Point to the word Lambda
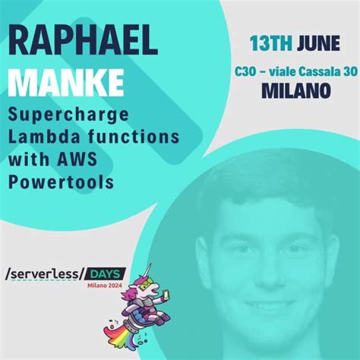[x=39, y=139]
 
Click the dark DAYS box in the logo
[x=105, y=273]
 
